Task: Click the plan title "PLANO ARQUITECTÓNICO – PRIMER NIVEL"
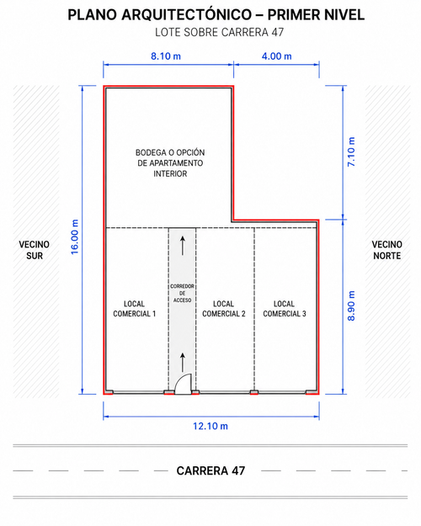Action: pos(216,15)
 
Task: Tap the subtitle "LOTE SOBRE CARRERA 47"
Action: pos(219,32)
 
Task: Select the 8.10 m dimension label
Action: pos(166,56)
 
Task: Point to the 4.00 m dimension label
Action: pos(277,56)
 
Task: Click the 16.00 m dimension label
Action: pos(75,236)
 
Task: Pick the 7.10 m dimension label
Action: pos(351,151)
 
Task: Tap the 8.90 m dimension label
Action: pos(351,306)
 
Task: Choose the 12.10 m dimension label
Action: pos(210,426)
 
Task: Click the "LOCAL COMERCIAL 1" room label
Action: pos(134,309)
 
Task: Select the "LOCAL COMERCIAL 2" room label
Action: pos(224,309)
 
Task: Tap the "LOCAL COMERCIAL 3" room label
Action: pos(285,309)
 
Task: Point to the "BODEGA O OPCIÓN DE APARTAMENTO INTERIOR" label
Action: pos(170,163)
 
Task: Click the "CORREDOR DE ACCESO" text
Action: pos(182,293)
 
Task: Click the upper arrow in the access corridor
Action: pos(183,246)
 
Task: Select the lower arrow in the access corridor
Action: pos(183,362)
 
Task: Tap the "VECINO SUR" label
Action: pos(35,250)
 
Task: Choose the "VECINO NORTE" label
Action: pos(386,250)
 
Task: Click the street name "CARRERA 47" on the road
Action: pos(210,470)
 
